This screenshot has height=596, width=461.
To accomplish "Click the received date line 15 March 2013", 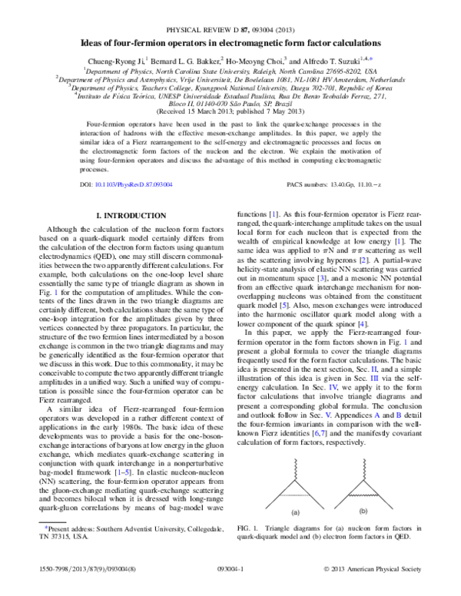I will click(x=231, y=110).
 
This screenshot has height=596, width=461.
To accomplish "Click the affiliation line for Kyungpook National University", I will click(x=231, y=87).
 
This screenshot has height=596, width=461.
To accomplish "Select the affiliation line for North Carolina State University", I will click(x=231, y=68).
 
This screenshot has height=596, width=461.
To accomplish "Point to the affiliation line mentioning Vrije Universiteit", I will click(x=231, y=78).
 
